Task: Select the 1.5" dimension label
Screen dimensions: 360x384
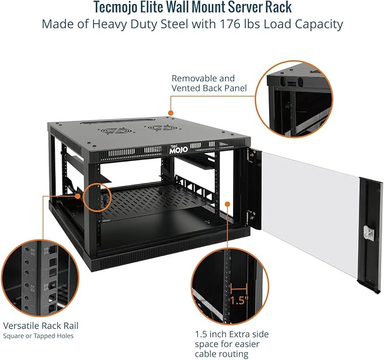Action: click(x=239, y=300)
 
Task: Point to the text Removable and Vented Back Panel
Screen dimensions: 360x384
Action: click(x=203, y=84)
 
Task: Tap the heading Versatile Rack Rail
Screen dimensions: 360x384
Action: click(x=41, y=326)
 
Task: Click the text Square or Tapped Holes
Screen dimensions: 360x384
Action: click(x=38, y=336)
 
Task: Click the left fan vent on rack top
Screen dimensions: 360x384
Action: click(x=111, y=130)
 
